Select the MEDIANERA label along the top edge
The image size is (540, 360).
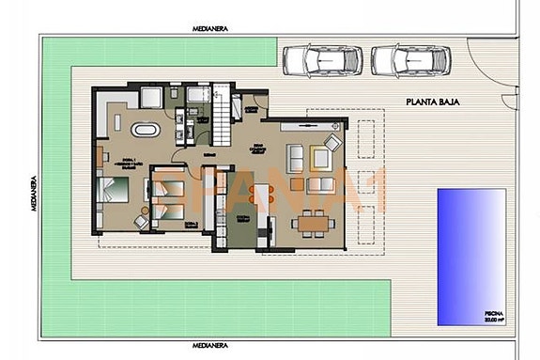[211, 29]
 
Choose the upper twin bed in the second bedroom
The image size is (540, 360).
[169, 188]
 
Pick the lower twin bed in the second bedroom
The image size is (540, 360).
[169, 213]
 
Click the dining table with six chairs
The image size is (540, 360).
[313, 222]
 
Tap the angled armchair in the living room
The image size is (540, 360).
[332, 144]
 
